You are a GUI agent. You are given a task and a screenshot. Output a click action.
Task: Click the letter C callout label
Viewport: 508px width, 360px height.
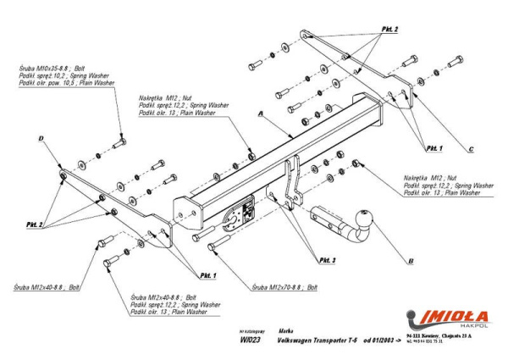pos(470,150)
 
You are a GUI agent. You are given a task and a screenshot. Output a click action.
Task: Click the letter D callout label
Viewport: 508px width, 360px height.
pos(40,138)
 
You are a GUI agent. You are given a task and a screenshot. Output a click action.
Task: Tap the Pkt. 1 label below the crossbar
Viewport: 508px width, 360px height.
pos(208,276)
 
